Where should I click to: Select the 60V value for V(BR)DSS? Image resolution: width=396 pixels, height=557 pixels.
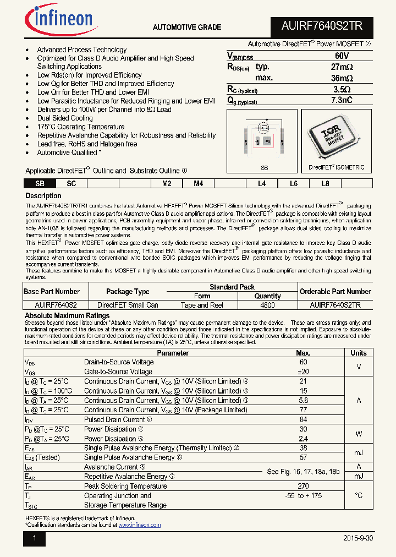341,56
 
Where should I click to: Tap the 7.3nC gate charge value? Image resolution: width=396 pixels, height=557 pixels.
341,100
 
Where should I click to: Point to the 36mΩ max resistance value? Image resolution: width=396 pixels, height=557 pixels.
341,78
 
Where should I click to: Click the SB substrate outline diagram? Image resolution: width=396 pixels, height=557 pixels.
263,138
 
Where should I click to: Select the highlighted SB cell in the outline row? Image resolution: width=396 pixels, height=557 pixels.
40,184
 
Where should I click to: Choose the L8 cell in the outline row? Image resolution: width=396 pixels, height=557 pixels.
325,184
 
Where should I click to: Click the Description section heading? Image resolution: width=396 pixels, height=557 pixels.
43,196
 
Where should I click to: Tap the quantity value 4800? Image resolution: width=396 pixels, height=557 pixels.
267,305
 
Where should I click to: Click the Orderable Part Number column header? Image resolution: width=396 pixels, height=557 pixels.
335,291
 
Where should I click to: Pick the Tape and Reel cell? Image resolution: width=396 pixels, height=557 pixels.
202,305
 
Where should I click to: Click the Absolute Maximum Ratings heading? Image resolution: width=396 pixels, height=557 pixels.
67,316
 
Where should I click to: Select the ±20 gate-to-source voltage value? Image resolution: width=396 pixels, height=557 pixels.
303,372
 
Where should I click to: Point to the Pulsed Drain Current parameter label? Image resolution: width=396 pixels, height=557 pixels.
114,419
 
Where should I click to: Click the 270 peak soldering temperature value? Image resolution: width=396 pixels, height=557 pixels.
303,486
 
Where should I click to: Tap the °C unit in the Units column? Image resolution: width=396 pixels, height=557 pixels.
359,495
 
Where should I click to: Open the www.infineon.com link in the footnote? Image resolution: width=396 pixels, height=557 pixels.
139,525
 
